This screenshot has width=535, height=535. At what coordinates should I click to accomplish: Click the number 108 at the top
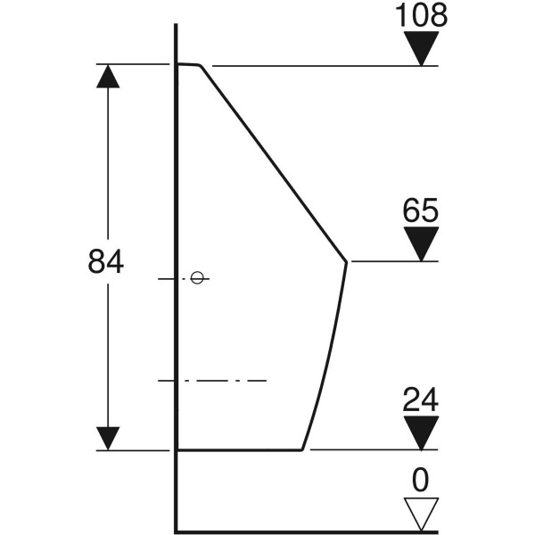click(421, 16)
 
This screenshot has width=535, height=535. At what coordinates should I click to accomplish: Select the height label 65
click(420, 210)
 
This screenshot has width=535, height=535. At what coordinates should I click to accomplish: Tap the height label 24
click(420, 399)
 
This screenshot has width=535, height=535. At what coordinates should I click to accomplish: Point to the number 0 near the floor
click(420, 480)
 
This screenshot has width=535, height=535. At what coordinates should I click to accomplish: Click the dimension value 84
click(106, 261)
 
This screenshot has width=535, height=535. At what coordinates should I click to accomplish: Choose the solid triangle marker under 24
click(421, 432)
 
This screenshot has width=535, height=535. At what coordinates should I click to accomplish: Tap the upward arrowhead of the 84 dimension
click(108, 76)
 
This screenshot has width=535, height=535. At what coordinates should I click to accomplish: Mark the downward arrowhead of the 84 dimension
click(108, 439)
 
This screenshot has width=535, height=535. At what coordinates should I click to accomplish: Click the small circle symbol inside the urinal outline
click(197, 277)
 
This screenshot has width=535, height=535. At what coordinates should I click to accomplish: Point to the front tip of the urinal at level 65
click(347, 261)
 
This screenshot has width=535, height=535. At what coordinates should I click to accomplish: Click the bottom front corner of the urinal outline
click(302, 450)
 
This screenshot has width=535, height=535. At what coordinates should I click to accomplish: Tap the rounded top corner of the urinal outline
click(201, 65)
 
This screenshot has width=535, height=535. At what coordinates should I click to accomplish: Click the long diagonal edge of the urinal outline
click(273, 163)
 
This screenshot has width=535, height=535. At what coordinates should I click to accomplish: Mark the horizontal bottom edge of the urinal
click(240, 450)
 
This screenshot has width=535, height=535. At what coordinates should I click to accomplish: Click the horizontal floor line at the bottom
click(306, 531)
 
